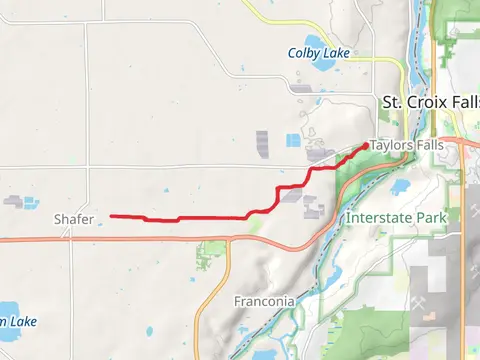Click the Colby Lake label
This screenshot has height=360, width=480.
[319, 52]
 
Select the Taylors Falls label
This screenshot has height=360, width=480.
[406, 145]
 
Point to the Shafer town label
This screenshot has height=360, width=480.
[74, 218]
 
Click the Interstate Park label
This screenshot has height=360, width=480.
[395, 217]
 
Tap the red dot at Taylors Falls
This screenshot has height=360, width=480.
[362, 147]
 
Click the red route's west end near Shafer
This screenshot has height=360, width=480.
[110, 215]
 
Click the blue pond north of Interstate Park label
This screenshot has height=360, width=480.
[402, 186]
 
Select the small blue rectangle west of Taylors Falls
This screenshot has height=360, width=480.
[293, 140]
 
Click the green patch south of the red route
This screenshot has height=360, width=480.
[211, 253]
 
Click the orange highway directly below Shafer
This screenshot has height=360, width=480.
[74, 239]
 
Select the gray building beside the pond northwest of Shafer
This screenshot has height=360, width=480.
[12, 201]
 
